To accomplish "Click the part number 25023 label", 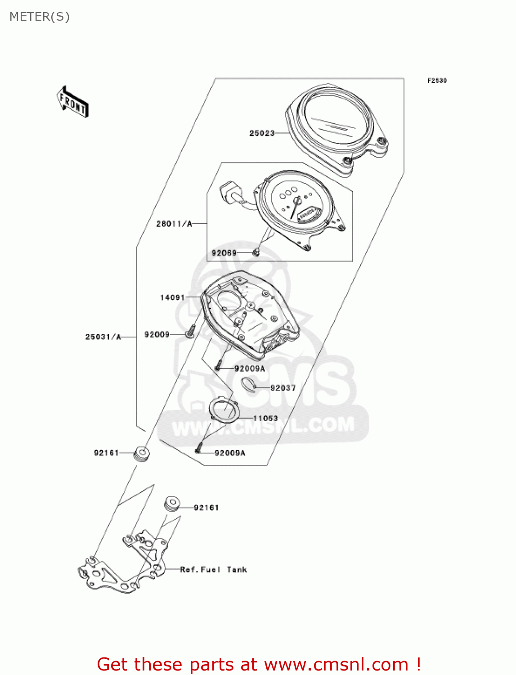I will [262, 133].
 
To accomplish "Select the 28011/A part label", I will [174, 224].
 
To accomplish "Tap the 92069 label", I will [224, 253].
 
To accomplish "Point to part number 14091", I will [172, 297].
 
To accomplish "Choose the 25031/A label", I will [103, 337].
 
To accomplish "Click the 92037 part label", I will [283, 388].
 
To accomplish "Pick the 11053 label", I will [265, 418].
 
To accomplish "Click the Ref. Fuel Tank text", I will [213, 570].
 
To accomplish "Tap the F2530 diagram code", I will [437, 81].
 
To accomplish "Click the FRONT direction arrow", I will [72, 102].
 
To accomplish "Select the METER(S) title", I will [40, 17].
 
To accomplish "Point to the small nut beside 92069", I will [256, 252].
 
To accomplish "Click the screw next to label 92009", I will [190, 332].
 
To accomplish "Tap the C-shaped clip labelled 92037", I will [248, 384].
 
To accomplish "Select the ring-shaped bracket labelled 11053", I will [224, 409].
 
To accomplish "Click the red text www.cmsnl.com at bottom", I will [336, 664].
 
